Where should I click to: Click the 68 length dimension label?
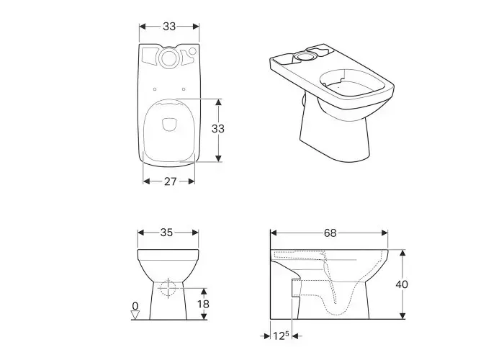pos(330,233)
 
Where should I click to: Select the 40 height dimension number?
pos(402,284)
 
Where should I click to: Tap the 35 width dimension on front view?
pos(166,232)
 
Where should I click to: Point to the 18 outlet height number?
pos(204,304)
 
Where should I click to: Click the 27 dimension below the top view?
pos(171,181)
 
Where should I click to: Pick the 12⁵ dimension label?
pos(282,336)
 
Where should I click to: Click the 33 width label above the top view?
pos(169,27)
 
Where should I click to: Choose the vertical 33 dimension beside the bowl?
pos(218,129)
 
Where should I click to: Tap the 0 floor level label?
pos(135,305)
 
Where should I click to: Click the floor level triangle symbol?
pos(135,315)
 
